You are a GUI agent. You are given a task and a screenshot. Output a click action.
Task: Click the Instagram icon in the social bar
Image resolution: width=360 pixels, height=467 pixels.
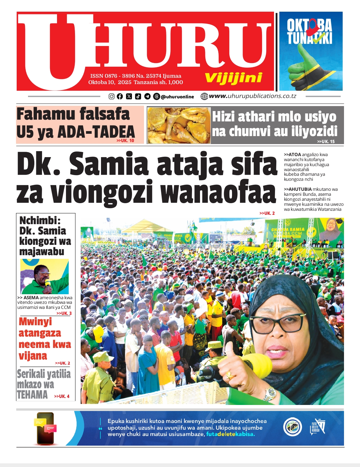(112, 96)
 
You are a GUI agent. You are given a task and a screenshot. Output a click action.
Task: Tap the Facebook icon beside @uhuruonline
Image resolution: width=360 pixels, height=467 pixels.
(120, 96)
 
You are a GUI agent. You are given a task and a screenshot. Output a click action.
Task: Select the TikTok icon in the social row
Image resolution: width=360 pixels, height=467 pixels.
(138, 96)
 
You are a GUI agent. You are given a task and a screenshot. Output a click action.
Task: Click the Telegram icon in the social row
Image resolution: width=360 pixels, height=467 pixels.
(147, 96)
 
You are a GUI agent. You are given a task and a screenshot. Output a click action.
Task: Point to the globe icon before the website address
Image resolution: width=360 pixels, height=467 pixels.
(204, 96)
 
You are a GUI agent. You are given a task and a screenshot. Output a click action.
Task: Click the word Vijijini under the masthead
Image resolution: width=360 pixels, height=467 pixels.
(233, 78)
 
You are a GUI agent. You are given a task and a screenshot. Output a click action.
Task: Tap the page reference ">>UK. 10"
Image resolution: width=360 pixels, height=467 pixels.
(125, 141)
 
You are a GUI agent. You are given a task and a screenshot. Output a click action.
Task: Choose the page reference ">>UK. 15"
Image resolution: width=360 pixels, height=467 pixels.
(326, 141)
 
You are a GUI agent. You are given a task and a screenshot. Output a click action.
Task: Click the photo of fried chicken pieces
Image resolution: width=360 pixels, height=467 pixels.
(179, 125)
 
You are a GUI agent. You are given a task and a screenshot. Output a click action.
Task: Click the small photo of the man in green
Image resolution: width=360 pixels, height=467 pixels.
(44, 277)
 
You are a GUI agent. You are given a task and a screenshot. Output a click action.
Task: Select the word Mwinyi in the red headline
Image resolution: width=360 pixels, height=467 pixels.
(35, 322)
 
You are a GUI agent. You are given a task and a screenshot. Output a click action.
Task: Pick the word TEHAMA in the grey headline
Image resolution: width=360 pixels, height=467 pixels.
(32, 395)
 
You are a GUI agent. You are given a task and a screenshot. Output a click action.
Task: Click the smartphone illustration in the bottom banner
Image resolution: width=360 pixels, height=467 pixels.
(45, 428)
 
